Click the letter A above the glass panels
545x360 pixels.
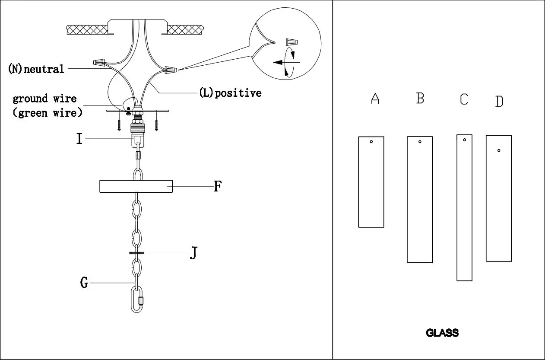(375, 99)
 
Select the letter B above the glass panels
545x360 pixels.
(420, 98)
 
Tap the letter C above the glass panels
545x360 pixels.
(464, 99)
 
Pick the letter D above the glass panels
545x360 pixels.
(499, 102)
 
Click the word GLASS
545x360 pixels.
(442, 333)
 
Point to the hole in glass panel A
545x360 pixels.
(371, 142)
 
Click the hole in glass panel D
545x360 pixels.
(499, 151)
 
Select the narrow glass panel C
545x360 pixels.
(464, 207)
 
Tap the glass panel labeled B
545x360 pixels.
(420, 199)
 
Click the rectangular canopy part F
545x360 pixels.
(136, 186)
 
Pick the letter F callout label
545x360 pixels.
(218, 187)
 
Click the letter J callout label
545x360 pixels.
(193, 253)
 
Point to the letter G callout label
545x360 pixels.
(84, 284)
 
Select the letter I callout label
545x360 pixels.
(79, 139)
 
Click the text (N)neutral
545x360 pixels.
(36, 69)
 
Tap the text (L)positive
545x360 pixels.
(230, 93)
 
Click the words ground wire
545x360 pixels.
(44, 99)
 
